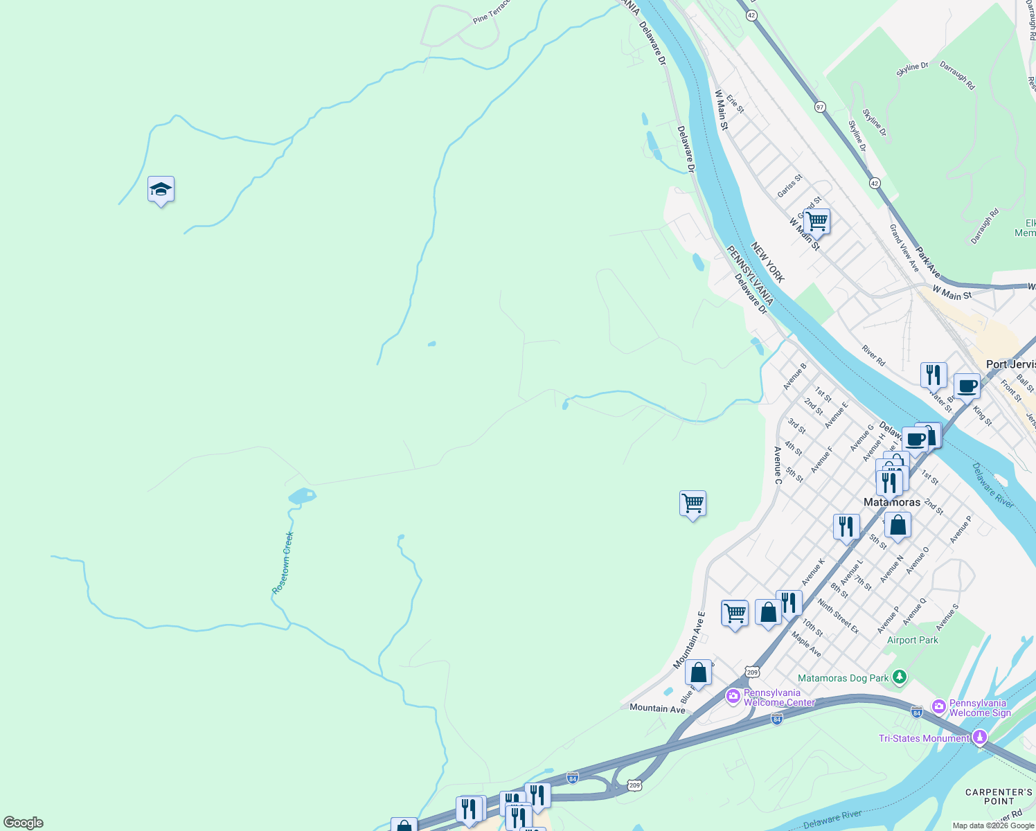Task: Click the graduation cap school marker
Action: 161,190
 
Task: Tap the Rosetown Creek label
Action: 283,562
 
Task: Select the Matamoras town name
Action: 892,502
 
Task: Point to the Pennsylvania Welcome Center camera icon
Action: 733,695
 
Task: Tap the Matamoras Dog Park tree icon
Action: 899,677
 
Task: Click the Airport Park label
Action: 912,640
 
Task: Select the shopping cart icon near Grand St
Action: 817,222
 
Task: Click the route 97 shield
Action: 820,107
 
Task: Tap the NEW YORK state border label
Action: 768,262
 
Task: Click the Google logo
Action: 23,823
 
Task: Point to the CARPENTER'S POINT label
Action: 999,796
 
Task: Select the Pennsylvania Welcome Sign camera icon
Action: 939,706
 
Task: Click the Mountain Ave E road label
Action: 689,640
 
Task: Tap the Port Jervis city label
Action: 1010,364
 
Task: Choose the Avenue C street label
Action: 778,465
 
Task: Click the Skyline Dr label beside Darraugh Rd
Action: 911,66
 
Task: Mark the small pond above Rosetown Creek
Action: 302,496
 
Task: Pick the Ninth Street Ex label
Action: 837,616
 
